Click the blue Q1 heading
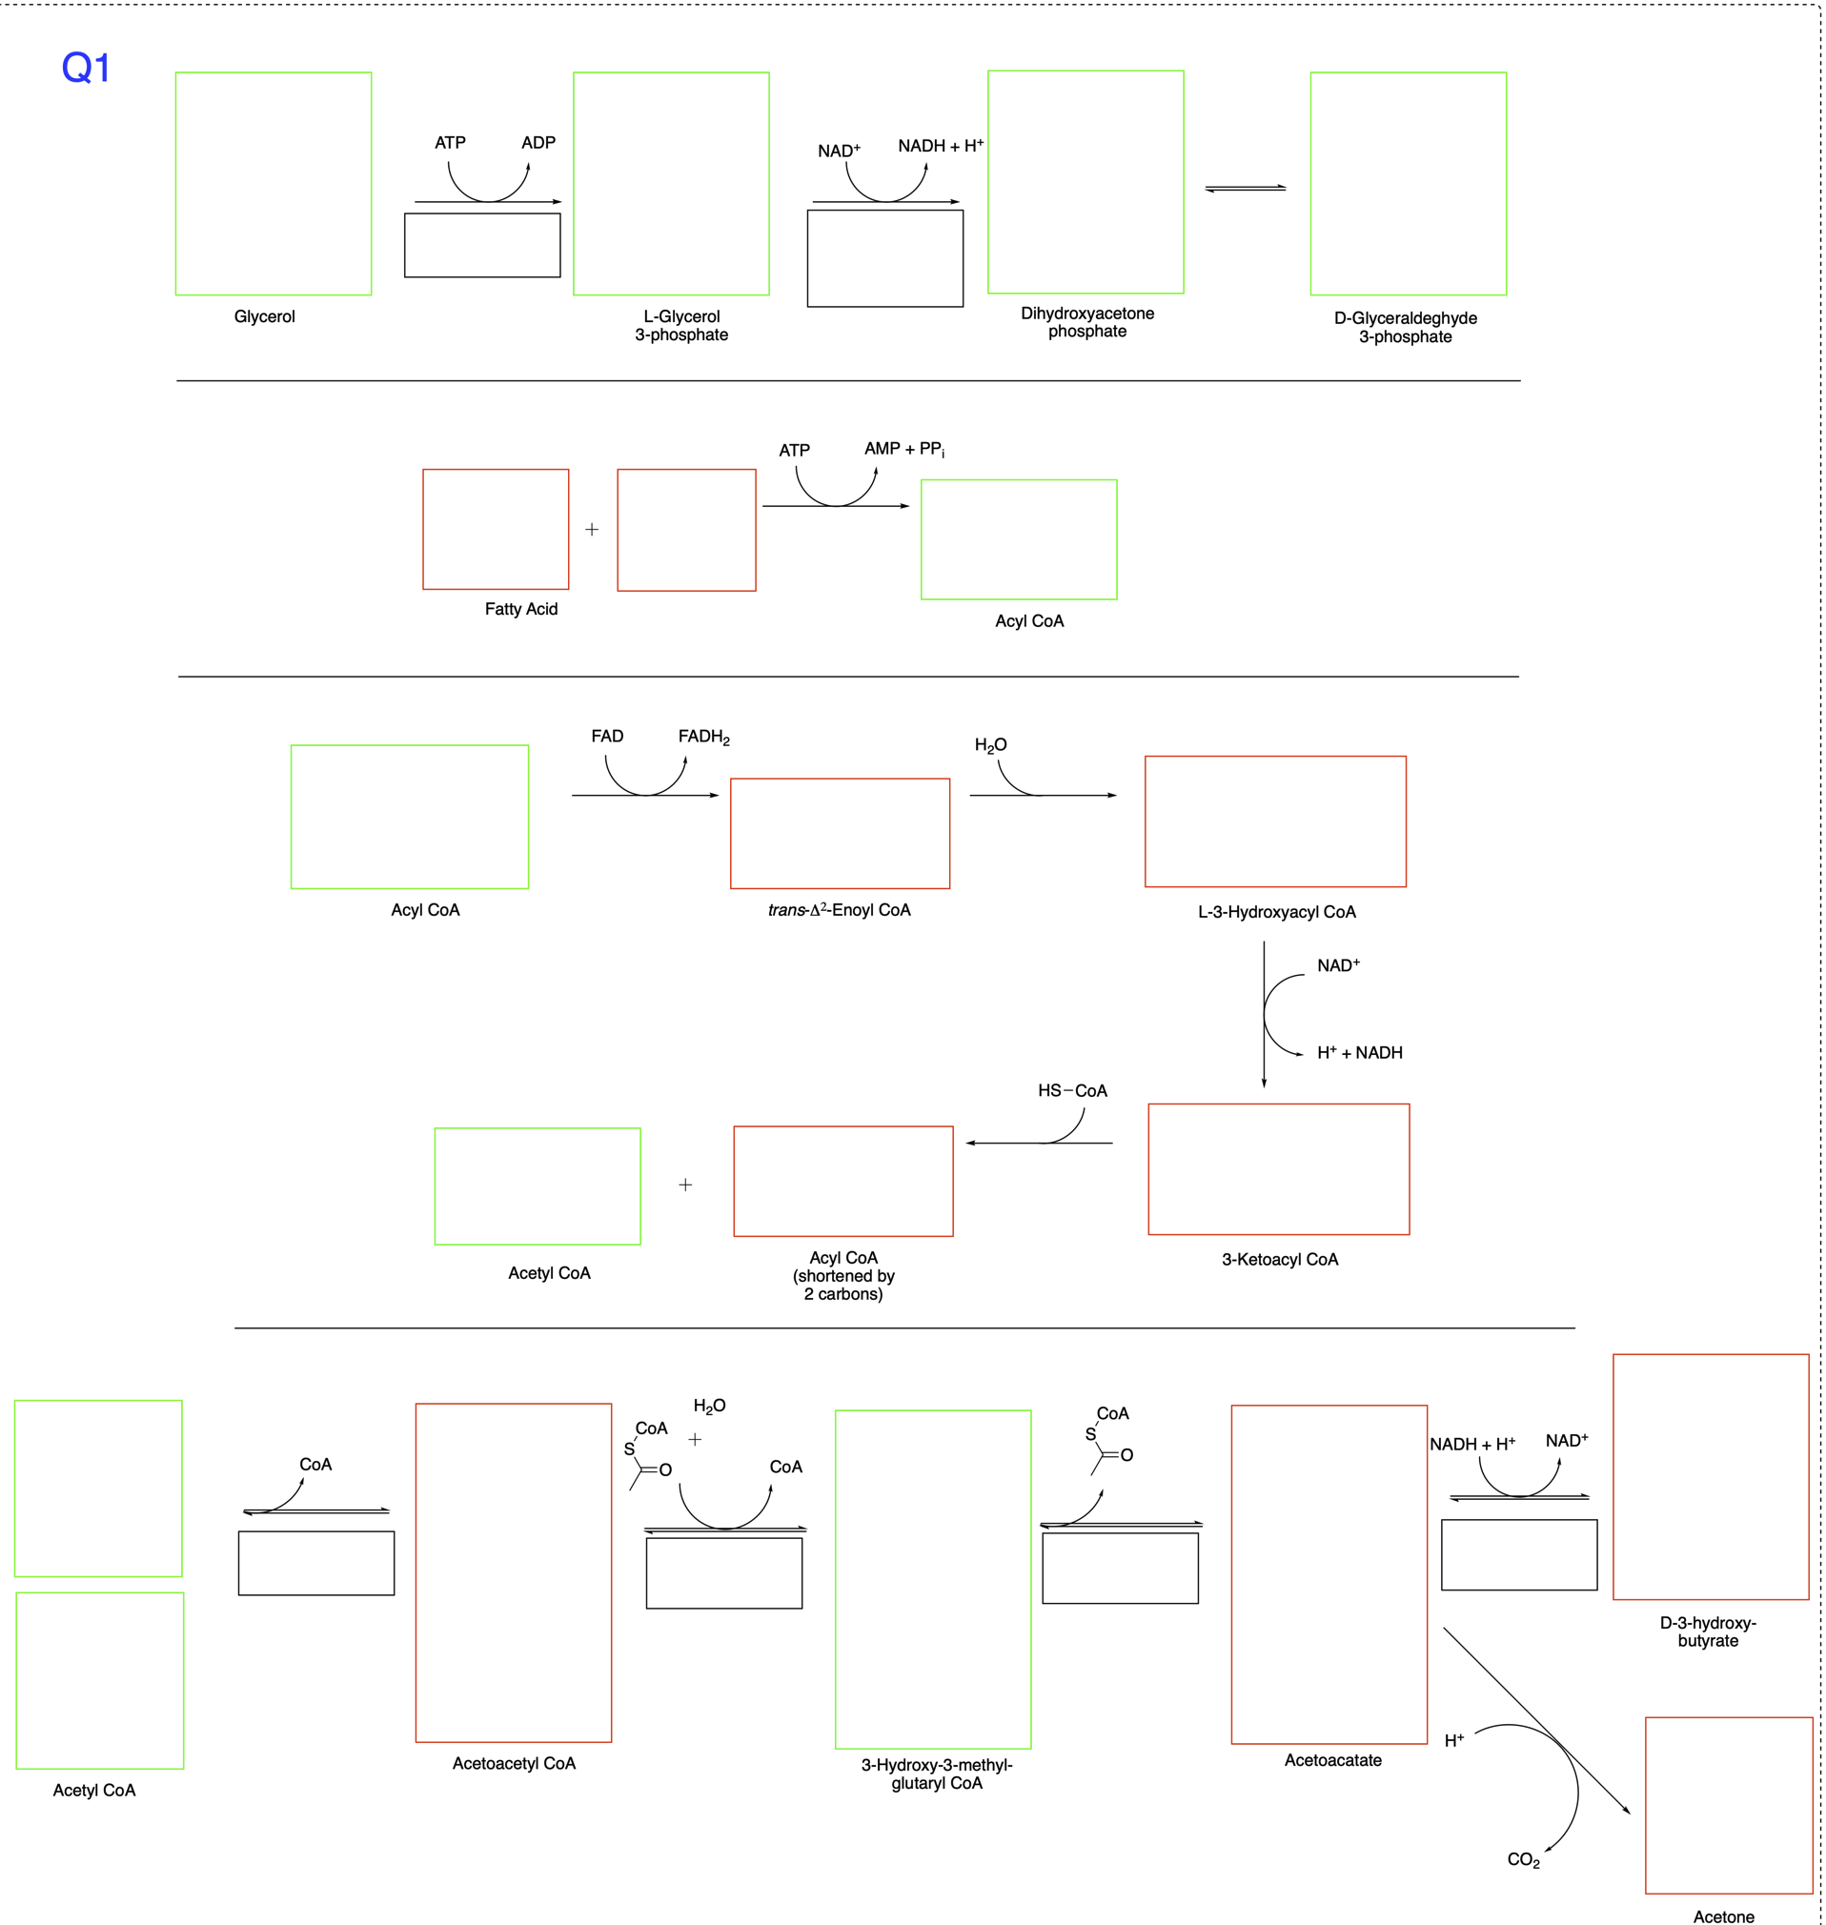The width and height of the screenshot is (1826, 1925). click(86, 68)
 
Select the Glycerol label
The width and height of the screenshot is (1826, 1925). click(264, 316)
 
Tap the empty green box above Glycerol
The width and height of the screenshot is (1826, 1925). click(273, 183)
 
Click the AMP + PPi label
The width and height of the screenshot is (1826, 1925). click(903, 449)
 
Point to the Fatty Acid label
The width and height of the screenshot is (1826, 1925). click(520, 608)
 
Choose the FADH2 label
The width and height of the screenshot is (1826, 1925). click(702, 737)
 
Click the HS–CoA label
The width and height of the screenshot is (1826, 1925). click(1071, 1090)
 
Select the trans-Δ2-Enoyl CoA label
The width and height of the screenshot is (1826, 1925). click(839, 910)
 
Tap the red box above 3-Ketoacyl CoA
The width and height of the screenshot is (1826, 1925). click(1278, 1169)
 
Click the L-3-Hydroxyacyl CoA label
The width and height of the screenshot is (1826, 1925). click(1276, 912)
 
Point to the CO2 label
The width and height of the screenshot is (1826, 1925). click(1522, 1860)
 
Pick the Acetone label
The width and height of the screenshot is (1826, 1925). click(1723, 1916)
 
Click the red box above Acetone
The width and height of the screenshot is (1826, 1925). click(1728, 1805)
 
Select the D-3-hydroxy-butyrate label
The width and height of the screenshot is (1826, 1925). click(1707, 1631)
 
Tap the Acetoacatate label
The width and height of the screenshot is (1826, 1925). click(1331, 1759)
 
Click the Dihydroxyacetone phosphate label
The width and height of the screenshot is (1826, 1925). click(1086, 322)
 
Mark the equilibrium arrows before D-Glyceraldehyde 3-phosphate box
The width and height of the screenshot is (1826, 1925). click(1245, 188)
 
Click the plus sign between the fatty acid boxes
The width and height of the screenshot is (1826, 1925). click(592, 530)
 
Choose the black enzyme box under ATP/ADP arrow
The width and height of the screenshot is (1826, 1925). click(482, 245)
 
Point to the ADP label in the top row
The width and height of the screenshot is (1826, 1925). click(538, 142)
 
